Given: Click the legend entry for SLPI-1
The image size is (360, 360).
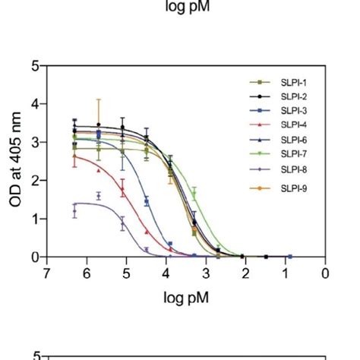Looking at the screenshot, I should pyautogui.click(x=293, y=83).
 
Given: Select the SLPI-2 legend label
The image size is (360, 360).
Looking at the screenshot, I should pyautogui.click(x=293, y=97).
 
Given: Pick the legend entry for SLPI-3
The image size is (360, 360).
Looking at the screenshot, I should pyautogui.click(x=293, y=111).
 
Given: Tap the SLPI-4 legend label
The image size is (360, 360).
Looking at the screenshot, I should pyautogui.click(x=293, y=125).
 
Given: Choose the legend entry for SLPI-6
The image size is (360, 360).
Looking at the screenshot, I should pyautogui.click(x=293, y=140).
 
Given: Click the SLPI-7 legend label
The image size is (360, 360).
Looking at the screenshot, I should pyautogui.click(x=293, y=154).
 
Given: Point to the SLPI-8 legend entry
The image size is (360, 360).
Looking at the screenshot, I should pyautogui.click(x=293, y=169).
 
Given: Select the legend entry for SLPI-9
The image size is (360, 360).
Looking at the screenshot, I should pyautogui.click(x=293, y=187).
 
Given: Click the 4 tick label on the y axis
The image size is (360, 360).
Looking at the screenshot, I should pyautogui.click(x=35, y=104).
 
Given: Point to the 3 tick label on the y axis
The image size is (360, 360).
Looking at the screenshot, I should pyautogui.click(x=35, y=143).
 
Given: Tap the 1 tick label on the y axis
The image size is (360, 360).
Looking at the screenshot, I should pyautogui.click(x=35, y=219).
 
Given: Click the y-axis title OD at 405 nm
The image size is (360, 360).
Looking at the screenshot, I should pyautogui.click(x=14, y=161).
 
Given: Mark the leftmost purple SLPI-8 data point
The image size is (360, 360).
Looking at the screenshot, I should pyautogui.click(x=74, y=211).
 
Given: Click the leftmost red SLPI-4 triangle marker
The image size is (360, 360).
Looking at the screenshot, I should pyautogui.click(x=74, y=156).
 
